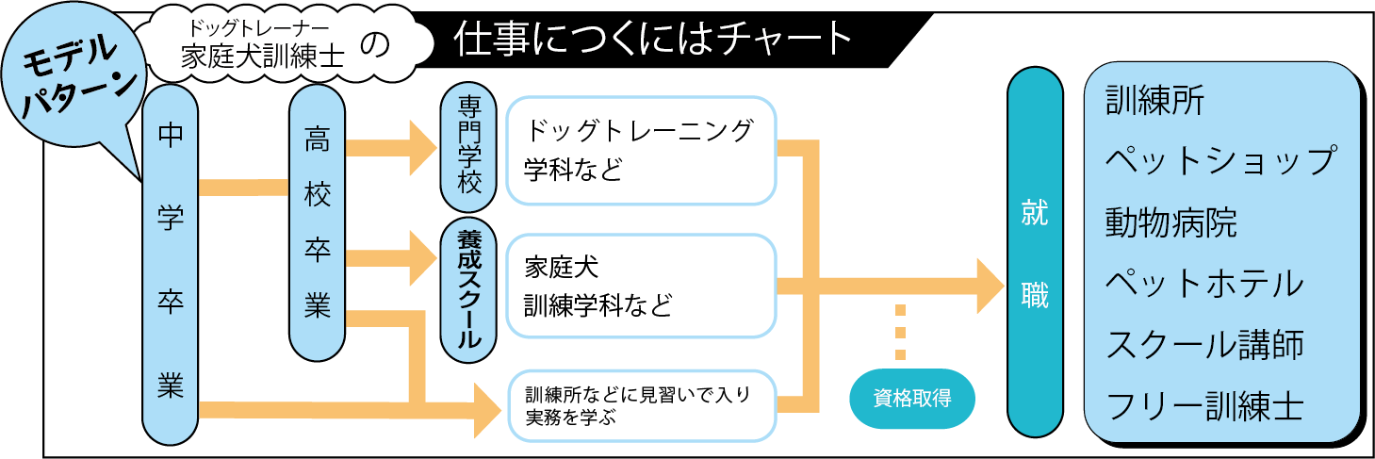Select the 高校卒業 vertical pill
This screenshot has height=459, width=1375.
317,224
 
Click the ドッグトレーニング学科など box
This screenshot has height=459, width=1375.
640,150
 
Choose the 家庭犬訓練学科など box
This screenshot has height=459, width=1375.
640,287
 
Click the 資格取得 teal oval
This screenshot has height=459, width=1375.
911,398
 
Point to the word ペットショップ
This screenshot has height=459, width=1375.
1221,161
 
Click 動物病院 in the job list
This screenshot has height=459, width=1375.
1170,223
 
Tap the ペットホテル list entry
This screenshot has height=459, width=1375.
1204,284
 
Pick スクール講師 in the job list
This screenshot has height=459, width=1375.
1204,345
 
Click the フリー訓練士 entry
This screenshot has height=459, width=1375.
1204,406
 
